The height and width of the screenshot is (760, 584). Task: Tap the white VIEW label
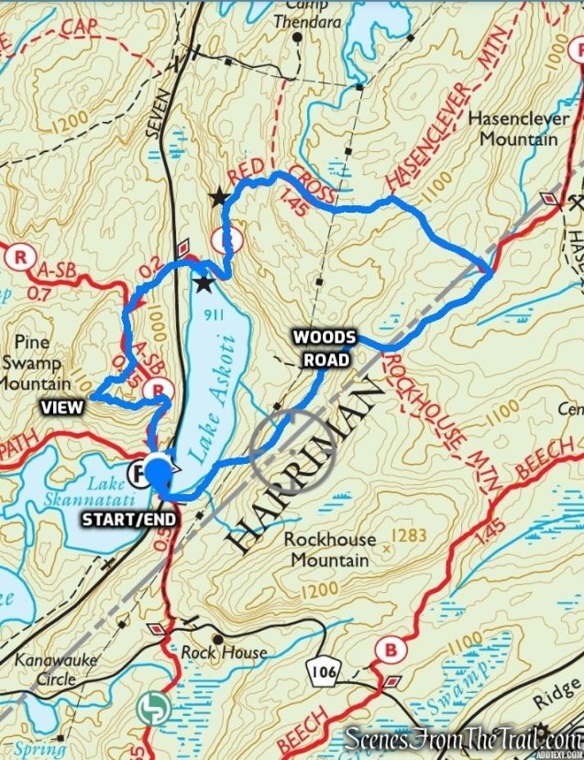click(x=61, y=405)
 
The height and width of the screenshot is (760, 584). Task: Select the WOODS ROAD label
click(x=325, y=348)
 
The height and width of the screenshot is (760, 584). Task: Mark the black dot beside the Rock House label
click(x=218, y=639)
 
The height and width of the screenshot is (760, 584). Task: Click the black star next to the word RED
click(x=219, y=197)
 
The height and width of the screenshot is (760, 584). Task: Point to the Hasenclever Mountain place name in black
click(x=512, y=129)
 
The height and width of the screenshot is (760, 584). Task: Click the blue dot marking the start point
click(x=160, y=471)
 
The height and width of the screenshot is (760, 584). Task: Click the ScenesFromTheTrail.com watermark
click(x=463, y=739)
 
